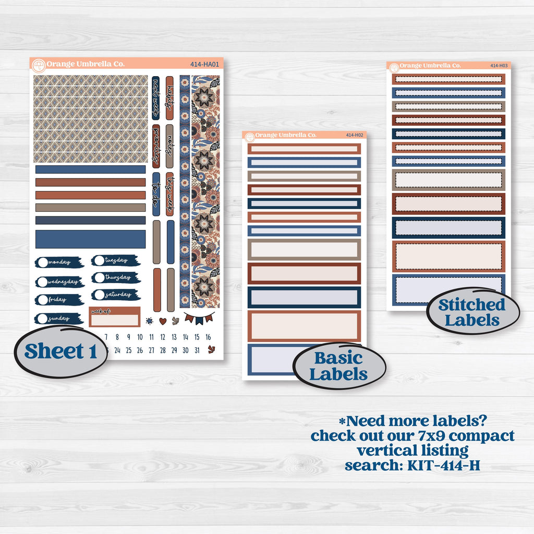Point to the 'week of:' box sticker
[x=114, y=317]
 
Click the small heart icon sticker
[x=162, y=321]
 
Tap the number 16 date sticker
[x=208, y=337]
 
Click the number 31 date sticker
[x=197, y=350]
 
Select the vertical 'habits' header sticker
[x=169, y=98]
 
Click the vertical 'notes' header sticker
[x=169, y=146]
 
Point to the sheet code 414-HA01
[x=205, y=65]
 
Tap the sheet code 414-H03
[x=500, y=66]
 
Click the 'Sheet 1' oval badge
[x=60, y=351]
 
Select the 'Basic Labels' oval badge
[x=339, y=366]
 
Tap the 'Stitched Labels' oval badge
[x=472, y=312]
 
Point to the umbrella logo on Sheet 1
[x=39, y=65]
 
